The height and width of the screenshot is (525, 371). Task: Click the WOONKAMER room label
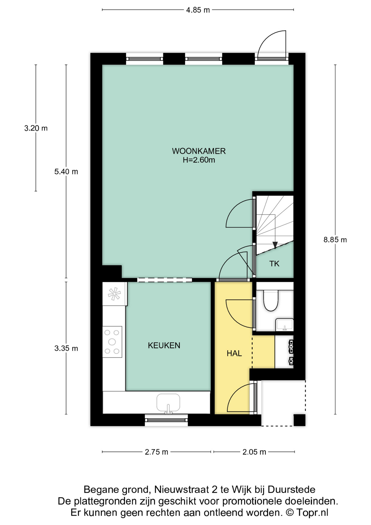[199, 151]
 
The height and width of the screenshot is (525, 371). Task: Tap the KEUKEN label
[164, 345]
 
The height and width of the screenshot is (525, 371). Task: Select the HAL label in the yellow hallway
[234, 353]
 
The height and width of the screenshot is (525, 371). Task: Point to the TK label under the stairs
[274, 264]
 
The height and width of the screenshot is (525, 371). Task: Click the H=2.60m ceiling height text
[199, 160]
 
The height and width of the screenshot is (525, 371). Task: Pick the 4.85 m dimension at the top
[198, 10]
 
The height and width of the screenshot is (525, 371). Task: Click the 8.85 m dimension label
[335, 240]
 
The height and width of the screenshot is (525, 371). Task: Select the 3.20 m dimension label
[36, 128]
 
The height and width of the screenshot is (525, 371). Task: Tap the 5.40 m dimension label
[66, 172]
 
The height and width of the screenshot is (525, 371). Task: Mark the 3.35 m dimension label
[66, 348]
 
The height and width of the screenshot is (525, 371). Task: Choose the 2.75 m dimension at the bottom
[156, 452]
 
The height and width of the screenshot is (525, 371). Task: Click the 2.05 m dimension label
[254, 452]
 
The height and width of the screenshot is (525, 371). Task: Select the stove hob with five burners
[112, 342]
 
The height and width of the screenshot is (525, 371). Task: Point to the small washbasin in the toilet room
[284, 325]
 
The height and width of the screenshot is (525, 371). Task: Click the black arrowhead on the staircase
[275, 245]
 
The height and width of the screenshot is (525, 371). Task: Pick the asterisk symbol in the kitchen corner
[114, 294]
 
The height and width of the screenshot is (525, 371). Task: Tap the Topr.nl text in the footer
[312, 512]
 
